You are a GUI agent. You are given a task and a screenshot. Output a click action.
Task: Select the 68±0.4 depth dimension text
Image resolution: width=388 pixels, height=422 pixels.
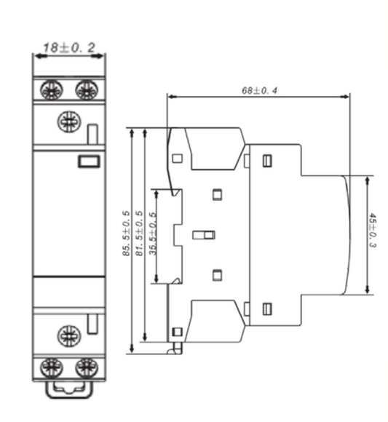261,91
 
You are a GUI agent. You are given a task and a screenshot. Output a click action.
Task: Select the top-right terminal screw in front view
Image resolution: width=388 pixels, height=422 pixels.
87,91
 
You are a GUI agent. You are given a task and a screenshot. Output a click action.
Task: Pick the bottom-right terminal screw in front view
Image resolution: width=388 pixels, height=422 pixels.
87,367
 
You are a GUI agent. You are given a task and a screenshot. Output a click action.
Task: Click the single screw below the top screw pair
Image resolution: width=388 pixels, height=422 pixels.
70,121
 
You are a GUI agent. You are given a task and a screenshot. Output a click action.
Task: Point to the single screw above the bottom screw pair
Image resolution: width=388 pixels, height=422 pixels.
70,337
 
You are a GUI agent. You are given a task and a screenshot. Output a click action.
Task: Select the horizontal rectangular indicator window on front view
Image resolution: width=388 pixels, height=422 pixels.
89,162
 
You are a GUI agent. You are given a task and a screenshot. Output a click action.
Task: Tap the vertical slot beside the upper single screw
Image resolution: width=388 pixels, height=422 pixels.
92,134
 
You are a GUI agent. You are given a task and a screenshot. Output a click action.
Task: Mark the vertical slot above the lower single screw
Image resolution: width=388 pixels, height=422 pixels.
92,325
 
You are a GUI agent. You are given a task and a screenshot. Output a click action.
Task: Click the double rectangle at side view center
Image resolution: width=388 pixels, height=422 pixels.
203,235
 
